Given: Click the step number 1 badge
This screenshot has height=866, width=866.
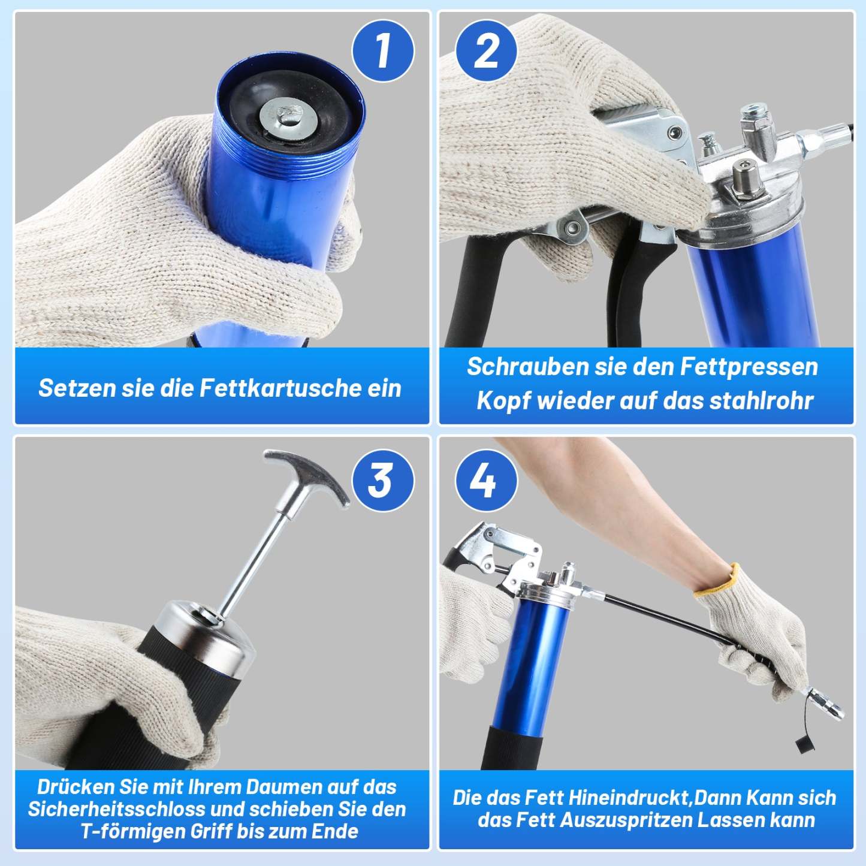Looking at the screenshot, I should [x=382, y=50].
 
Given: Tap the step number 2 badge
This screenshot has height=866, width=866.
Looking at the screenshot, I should [x=485, y=50].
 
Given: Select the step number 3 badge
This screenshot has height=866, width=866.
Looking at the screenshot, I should [x=382, y=480].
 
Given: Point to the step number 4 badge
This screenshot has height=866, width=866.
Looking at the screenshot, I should [x=485, y=480].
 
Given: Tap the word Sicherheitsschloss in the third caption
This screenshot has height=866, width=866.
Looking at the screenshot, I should [x=117, y=809].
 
